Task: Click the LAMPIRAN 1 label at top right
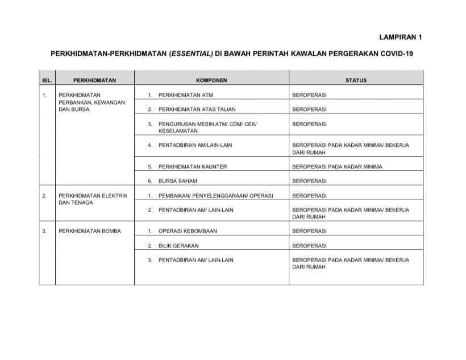[401, 38]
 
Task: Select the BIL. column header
[47, 80]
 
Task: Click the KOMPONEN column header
[211, 80]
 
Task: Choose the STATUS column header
[356, 80]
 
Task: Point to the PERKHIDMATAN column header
[94, 80]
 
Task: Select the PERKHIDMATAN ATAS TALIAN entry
[197, 109]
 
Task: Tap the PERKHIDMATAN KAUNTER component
[193, 167]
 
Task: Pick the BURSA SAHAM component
[178, 181]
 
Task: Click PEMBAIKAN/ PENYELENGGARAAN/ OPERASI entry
[215, 196]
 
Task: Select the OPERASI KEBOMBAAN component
[188, 231]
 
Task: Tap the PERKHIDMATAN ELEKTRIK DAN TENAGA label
[93, 199]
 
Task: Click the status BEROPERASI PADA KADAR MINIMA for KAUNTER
[337, 167]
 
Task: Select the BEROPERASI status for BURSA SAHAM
[309, 181]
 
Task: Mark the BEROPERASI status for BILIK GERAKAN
[309, 246]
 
